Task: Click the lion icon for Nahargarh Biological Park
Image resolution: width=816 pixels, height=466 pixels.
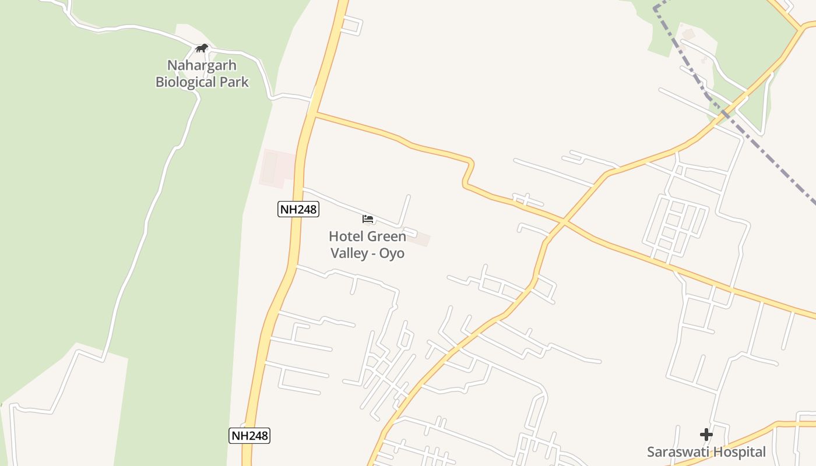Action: pyautogui.click(x=202, y=48)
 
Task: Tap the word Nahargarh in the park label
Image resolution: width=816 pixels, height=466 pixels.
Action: pyautogui.click(x=202, y=65)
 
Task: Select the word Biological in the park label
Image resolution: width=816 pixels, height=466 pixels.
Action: pyautogui.click(x=185, y=82)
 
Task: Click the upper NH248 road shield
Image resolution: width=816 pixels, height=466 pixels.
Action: pyautogui.click(x=298, y=209)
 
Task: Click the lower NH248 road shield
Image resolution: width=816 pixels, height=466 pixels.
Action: pyautogui.click(x=249, y=435)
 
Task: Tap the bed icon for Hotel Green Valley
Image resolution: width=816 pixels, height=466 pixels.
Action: pyautogui.click(x=368, y=219)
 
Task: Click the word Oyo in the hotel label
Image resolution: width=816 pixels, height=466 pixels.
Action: pyautogui.click(x=392, y=253)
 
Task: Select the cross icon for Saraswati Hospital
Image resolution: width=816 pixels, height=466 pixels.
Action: pyautogui.click(x=706, y=434)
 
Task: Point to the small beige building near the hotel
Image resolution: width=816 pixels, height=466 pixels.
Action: pyautogui.click(x=419, y=239)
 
